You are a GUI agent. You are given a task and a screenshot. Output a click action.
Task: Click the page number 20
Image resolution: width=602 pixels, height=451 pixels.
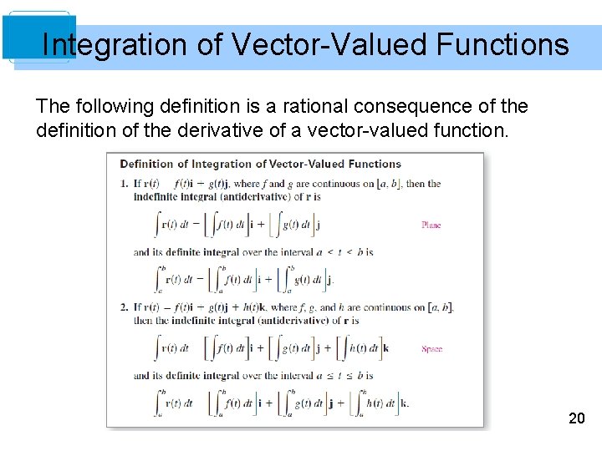pos(576,418)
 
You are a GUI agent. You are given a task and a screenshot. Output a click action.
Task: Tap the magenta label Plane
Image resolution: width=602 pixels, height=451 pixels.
pos(431,225)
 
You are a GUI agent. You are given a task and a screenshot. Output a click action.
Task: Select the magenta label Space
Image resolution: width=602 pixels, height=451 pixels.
pos(431,349)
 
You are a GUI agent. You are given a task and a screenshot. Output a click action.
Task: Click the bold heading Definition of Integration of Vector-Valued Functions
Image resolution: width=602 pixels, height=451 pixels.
pos(261,164)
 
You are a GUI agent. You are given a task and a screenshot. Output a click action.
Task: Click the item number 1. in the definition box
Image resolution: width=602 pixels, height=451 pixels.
pos(125,184)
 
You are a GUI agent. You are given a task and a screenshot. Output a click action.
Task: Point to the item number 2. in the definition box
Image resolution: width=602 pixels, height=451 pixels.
pos(125,307)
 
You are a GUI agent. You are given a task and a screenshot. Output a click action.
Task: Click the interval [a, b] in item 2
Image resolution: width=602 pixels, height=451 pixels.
pos(439,307)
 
